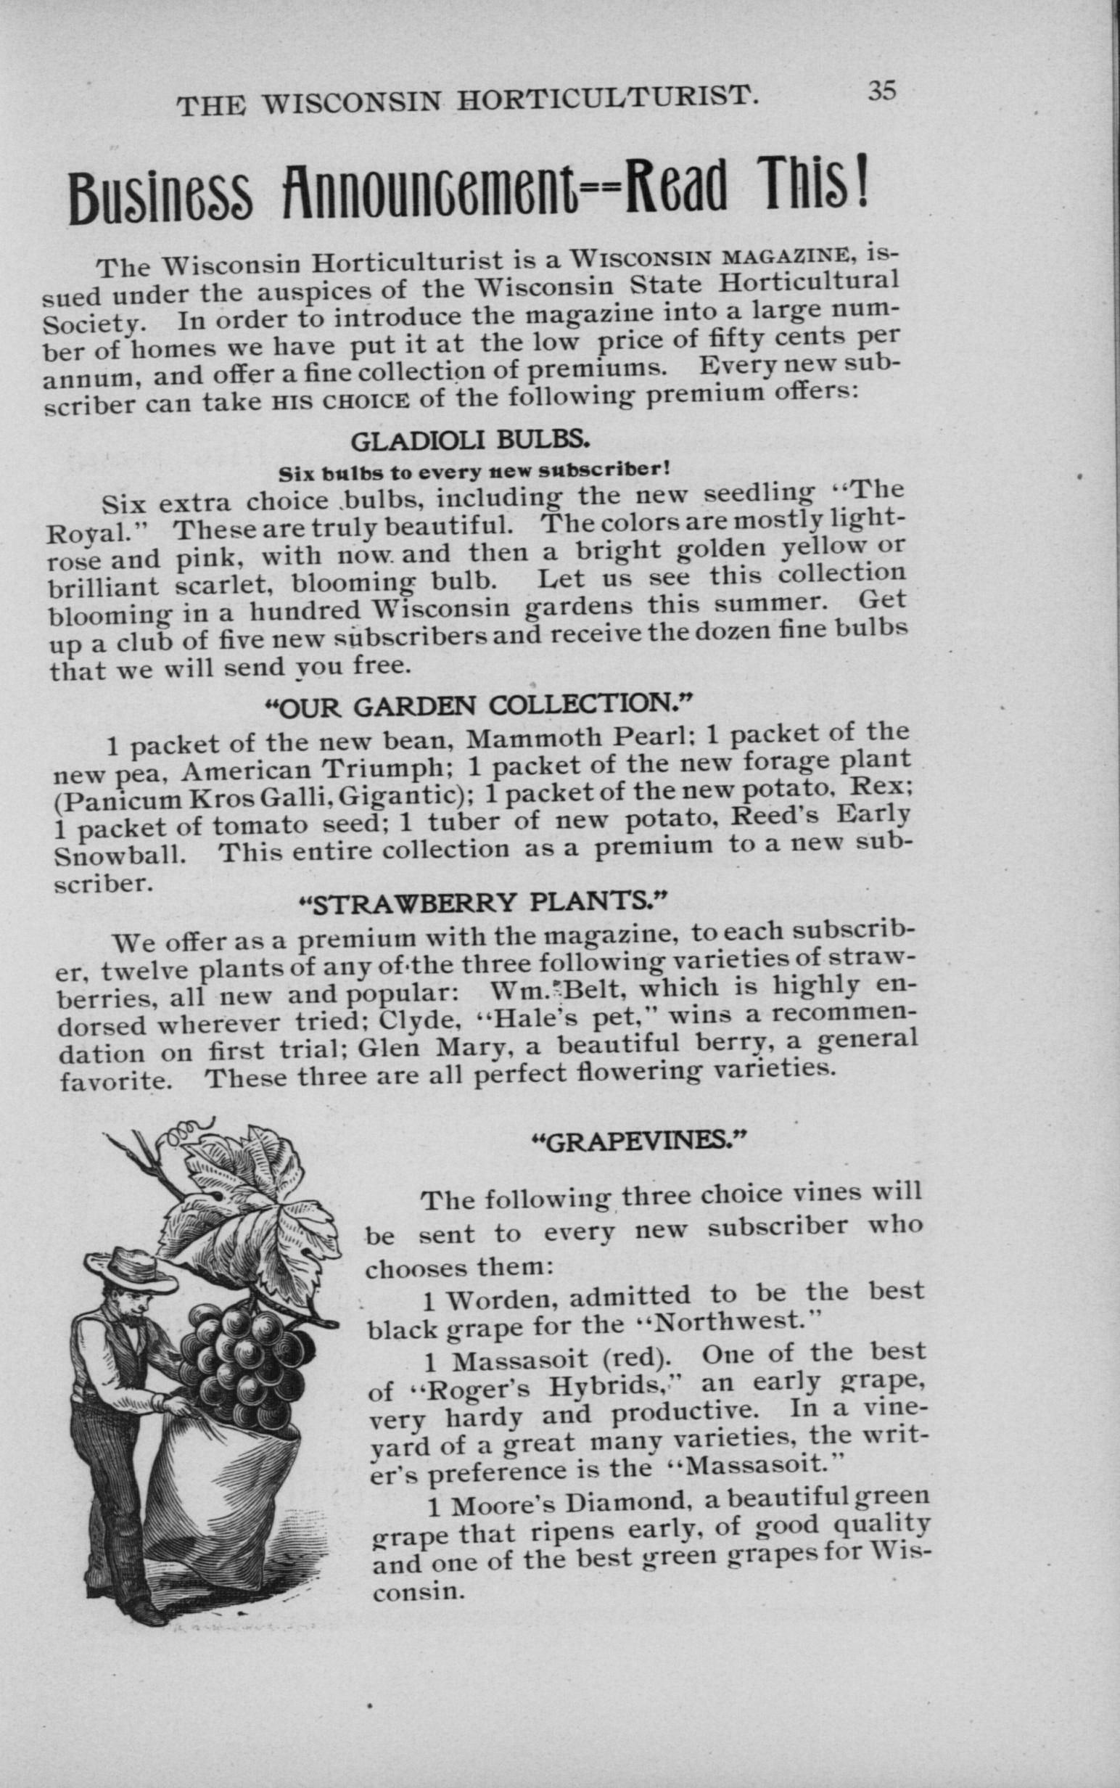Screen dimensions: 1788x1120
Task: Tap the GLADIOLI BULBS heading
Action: pyautogui.click(x=469, y=441)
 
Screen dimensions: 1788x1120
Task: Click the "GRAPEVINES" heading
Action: pyautogui.click(x=638, y=1140)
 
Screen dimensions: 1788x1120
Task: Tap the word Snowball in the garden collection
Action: pyautogui.click(x=118, y=856)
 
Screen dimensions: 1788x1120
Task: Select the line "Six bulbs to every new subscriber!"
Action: pyautogui.click(x=474, y=471)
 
